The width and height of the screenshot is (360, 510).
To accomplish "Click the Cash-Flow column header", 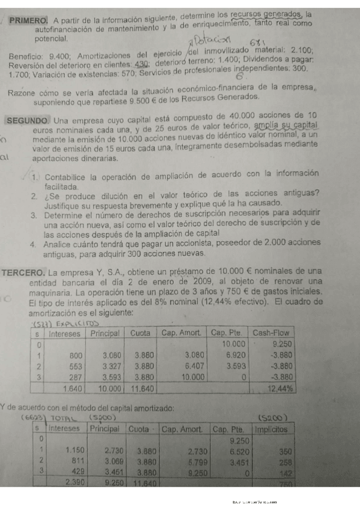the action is (272, 333).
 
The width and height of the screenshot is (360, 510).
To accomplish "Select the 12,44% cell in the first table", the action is (278, 389).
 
